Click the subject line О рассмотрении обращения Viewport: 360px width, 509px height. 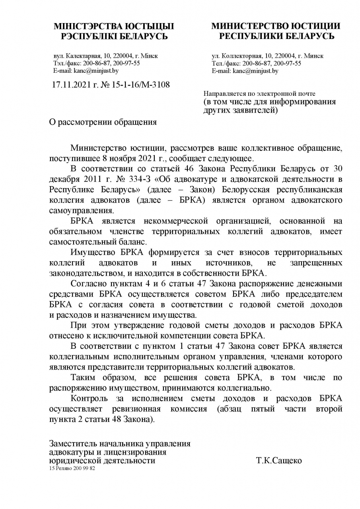103,122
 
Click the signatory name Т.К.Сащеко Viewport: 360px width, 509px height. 279,461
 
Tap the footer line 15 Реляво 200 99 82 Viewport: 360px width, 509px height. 72,468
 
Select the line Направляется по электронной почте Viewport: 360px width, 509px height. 259,94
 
